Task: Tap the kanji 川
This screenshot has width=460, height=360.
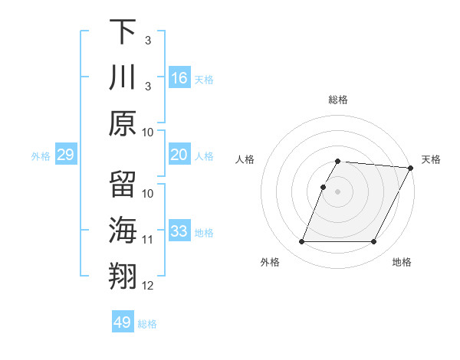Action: (123, 77)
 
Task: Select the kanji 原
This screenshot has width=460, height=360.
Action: (123, 123)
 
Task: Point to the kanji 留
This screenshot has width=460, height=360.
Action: (123, 185)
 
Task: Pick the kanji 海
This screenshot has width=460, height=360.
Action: (123, 232)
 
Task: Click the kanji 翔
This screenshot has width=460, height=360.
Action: (123, 278)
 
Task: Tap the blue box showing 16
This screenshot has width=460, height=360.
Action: (179, 77)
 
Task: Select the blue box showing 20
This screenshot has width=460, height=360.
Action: (179, 155)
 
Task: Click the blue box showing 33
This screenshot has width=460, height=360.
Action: (179, 232)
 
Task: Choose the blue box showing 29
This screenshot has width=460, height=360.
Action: (65, 155)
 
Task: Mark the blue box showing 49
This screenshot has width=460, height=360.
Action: (123, 322)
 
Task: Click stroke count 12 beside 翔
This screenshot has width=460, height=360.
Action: (148, 286)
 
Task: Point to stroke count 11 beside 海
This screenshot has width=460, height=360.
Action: (148, 240)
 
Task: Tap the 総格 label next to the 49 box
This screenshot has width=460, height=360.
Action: (147, 324)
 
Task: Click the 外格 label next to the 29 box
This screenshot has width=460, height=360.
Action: (41, 156)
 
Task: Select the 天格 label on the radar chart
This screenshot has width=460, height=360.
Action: (431, 159)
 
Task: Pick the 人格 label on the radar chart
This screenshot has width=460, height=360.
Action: (245, 159)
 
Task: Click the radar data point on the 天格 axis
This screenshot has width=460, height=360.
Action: (412, 168)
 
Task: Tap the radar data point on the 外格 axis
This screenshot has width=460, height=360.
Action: (301, 242)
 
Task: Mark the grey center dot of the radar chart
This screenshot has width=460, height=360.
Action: (337, 191)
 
